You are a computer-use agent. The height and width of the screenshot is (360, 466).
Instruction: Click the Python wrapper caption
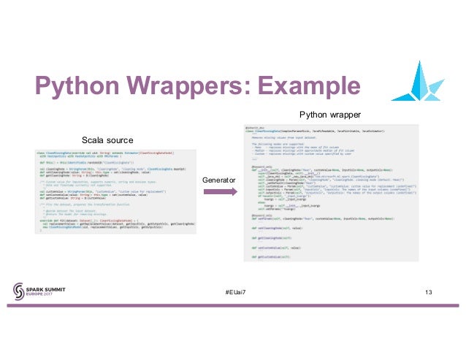coord(329,115)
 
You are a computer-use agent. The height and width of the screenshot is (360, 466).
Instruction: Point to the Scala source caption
coord(107,139)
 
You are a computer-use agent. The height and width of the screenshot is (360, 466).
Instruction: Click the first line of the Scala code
coord(102,153)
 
